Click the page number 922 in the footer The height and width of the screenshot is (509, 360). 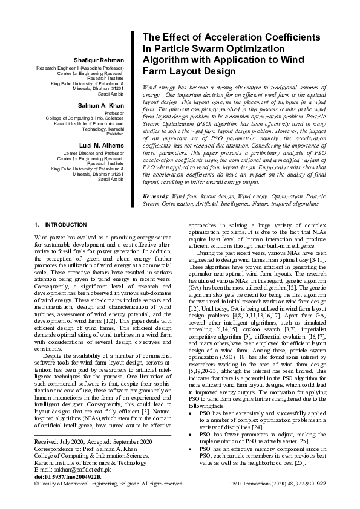(x=321, y=484)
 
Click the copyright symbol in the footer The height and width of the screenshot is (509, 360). (x=36, y=484)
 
